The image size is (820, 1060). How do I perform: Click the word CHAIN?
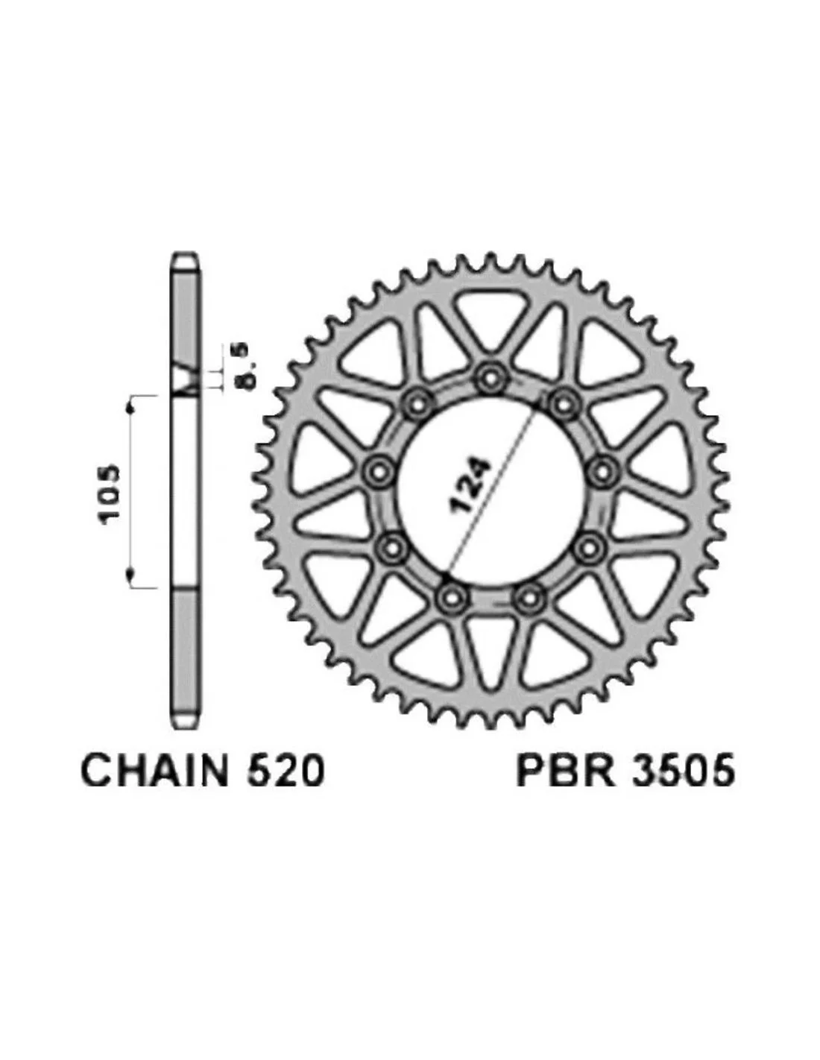155,770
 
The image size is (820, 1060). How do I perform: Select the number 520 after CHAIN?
286,770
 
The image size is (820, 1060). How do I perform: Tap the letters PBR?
565,770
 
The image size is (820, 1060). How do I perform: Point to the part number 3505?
683,770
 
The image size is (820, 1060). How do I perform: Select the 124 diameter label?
470,485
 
